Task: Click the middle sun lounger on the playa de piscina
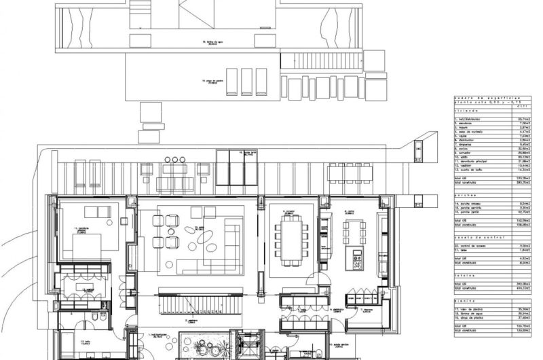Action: point(246,82)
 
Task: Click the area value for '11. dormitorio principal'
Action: point(523,161)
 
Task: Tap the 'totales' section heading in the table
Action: point(463,274)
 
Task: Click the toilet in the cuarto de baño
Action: point(101,317)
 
